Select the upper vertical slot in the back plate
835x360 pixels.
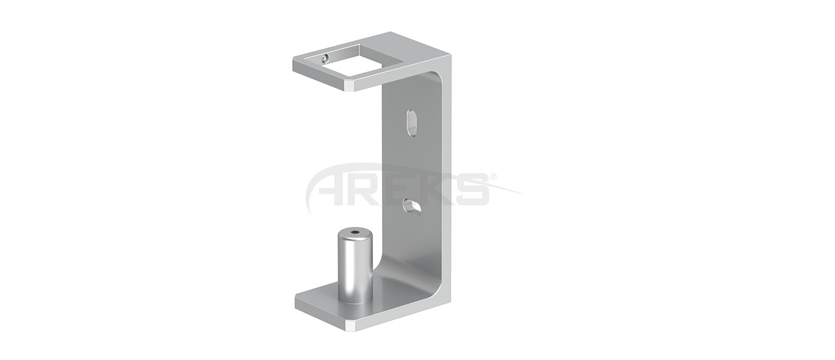412,122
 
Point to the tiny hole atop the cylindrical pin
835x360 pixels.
355,233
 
